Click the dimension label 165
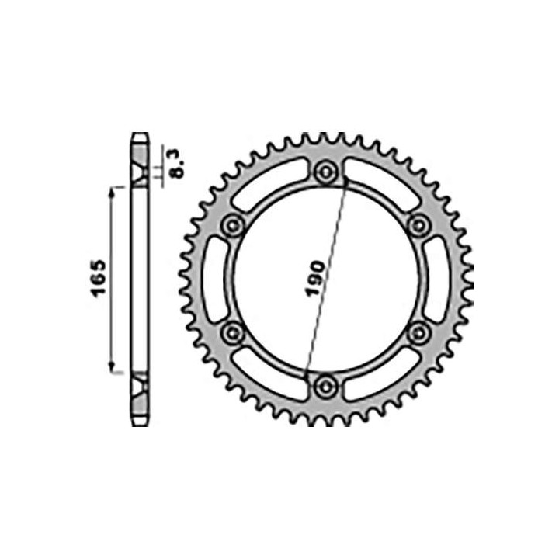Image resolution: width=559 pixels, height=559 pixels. [x=99, y=280]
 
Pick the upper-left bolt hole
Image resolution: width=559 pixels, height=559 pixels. [x=232, y=224]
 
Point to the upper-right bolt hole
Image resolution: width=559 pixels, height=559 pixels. [x=419, y=224]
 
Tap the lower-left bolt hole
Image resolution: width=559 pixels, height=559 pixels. [x=232, y=332]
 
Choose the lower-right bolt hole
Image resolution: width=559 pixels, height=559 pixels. [x=419, y=332]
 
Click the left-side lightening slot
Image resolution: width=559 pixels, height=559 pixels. [x=214, y=278]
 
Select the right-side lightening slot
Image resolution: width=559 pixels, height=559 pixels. [x=437, y=278]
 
